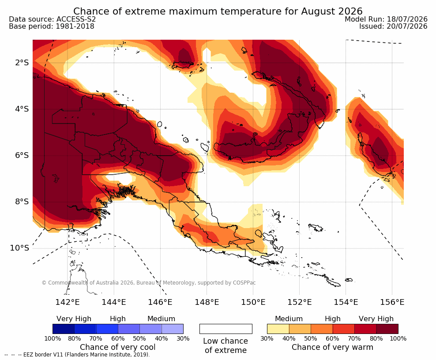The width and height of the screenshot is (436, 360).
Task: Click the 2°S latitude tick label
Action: point(22,63)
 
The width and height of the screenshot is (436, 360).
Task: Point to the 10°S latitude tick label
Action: point(19,247)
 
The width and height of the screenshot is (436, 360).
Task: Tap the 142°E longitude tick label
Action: point(68,302)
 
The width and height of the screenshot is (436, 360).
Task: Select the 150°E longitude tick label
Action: point(253,302)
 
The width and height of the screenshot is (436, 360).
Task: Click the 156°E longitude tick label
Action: point(392,302)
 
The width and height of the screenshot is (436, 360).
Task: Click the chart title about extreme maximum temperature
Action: point(218,11)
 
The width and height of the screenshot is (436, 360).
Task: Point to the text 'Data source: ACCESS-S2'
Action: point(52,19)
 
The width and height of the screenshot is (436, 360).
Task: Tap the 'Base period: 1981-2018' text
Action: point(52,26)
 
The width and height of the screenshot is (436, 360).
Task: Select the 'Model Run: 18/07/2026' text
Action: point(386,19)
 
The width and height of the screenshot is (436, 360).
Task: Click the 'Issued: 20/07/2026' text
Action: point(393,26)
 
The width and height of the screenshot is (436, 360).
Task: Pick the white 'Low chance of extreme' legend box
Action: point(226,329)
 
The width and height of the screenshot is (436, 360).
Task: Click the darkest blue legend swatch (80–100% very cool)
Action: point(64,329)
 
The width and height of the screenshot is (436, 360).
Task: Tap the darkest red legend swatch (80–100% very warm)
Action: point(387,329)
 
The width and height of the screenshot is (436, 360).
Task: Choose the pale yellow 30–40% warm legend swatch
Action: point(278,329)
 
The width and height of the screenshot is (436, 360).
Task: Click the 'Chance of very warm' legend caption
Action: point(332,347)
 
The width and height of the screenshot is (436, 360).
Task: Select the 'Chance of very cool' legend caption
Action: point(118,347)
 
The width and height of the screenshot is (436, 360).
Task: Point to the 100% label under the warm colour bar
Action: point(398,338)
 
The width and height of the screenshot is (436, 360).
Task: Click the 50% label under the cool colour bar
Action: point(139,338)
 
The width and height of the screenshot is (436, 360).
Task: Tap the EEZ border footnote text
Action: point(77,355)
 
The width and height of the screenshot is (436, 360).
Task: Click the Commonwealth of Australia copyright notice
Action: point(148,283)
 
